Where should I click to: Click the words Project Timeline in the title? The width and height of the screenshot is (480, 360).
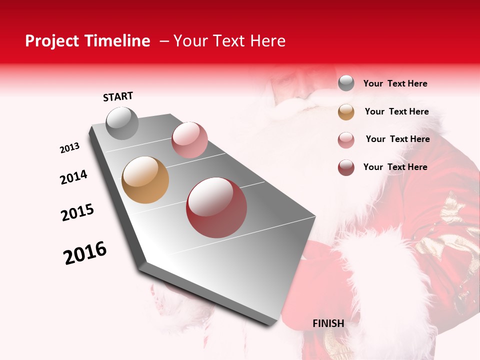(x=87, y=41)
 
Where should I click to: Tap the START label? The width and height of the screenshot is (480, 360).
(x=118, y=96)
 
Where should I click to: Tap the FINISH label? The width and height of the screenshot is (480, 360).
(x=328, y=323)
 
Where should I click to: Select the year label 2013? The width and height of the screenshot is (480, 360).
(x=69, y=148)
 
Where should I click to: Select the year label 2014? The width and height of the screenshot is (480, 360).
(x=73, y=177)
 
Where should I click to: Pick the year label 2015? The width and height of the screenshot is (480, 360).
(x=77, y=212)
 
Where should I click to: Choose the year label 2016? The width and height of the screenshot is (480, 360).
(x=85, y=253)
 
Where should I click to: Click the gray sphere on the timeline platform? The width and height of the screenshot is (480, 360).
(x=122, y=123)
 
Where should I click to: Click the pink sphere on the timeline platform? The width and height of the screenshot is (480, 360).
(x=189, y=140)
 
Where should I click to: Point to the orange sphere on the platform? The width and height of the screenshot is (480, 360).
(x=145, y=180)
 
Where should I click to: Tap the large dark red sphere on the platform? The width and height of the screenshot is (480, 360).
(x=216, y=207)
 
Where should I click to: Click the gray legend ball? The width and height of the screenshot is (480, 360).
(x=346, y=83)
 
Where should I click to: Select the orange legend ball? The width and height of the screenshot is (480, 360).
(x=346, y=112)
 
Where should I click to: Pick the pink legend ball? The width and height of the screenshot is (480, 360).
(x=346, y=140)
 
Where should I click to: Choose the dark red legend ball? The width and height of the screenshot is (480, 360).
(x=346, y=167)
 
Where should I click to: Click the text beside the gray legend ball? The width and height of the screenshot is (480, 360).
(x=395, y=83)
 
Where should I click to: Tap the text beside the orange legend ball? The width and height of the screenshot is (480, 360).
(x=396, y=111)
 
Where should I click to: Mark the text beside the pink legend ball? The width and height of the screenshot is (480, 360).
(x=397, y=139)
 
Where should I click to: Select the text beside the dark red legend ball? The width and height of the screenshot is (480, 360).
(x=395, y=167)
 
